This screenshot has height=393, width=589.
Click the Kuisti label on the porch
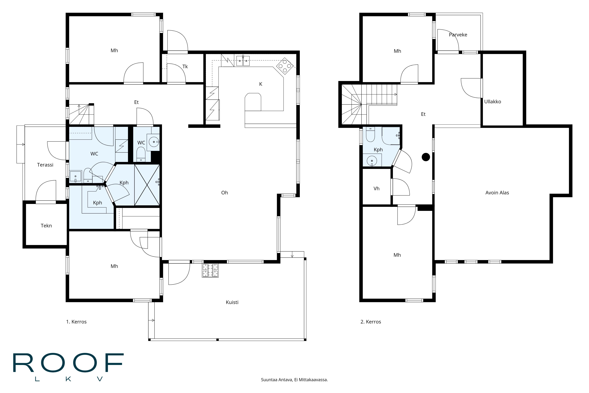pyautogui.click(x=232, y=302)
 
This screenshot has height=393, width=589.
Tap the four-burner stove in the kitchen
pyautogui.click(x=285, y=66)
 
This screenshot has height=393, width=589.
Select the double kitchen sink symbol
pyautogui.click(x=243, y=61)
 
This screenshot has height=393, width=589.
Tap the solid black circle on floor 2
pyautogui.click(x=426, y=157)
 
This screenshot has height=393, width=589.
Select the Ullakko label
pyautogui.click(x=492, y=102)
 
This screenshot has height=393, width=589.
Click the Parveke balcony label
pyautogui.click(x=458, y=35)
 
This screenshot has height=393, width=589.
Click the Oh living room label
pyautogui.click(x=224, y=192)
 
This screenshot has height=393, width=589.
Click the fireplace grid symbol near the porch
pyautogui.click(x=210, y=270)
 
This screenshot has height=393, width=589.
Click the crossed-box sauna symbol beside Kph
pyautogui.click(x=147, y=185)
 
